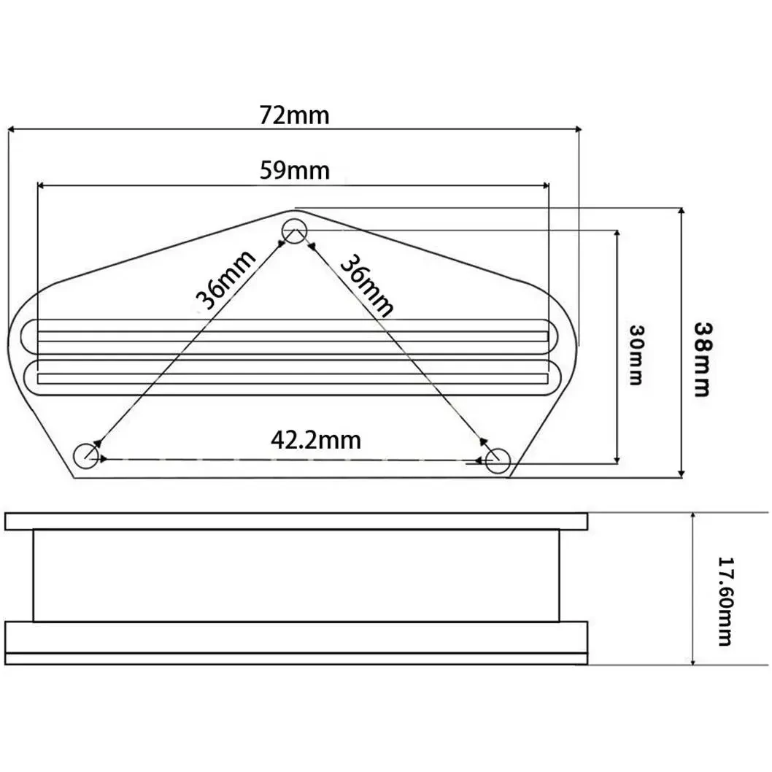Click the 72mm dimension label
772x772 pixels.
[294, 116]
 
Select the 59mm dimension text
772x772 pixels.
[294, 171]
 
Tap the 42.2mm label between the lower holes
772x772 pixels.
[316, 440]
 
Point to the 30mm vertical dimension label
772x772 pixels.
[636, 355]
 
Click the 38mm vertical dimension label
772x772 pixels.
[702, 360]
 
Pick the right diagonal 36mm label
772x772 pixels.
[367, 285]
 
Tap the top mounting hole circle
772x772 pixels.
[294, 230]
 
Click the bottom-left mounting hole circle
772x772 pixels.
[85, 455]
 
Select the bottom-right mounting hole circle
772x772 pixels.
[498, 460]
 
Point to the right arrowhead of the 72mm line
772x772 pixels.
[578, 129]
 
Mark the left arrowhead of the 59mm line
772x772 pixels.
[41, 185]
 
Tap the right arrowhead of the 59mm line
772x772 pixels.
[546, 185]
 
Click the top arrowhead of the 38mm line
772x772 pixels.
[681, 211]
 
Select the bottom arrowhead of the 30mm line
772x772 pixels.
[617, 460]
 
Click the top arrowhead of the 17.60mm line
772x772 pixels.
[692, 515]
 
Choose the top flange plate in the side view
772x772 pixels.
[296, 522]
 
